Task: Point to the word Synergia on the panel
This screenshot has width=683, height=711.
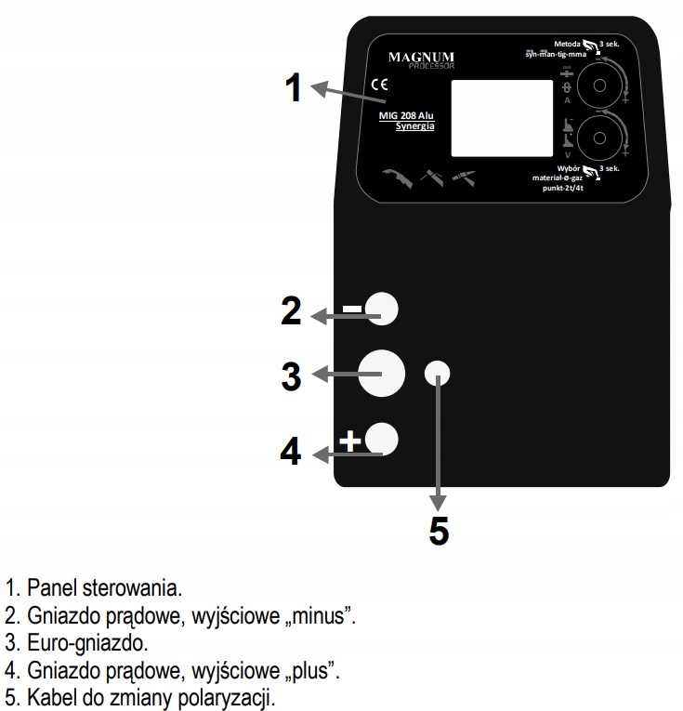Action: pos(416,126)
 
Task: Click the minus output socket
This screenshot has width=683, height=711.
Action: pos(381,309)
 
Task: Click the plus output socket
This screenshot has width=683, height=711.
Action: pos(382,438)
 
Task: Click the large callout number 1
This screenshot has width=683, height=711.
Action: pos(294,89)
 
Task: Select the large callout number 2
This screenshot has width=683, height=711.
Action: pos(291,312)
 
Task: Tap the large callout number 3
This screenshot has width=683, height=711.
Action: pos(292,375)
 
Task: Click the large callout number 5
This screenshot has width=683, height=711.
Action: pos(439,531)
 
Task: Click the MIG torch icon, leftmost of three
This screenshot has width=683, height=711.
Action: pos(397,176)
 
